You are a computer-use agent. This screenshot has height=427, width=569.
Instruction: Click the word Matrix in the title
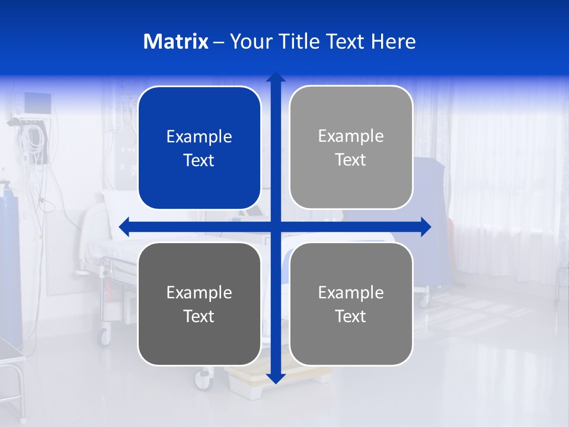tap(175, 42)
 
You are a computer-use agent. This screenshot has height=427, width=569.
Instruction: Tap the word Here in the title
tap(393, 42)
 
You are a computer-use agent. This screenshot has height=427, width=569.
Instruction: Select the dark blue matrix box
tap(199, 148)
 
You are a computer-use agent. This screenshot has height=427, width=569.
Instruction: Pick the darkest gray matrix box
tap(199, 304)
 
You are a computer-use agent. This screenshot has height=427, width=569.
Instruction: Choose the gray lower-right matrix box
tap(351, 304)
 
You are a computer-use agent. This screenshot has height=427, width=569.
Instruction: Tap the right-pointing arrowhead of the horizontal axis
tap(426, 227)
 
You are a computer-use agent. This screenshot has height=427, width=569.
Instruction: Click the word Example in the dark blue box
tap(199, 137)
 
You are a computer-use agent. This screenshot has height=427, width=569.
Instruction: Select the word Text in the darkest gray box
tap(199, 316)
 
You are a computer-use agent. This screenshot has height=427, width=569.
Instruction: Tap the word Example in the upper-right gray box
tap(351, 136)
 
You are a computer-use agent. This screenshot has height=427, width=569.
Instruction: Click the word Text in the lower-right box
tap(351, 316)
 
